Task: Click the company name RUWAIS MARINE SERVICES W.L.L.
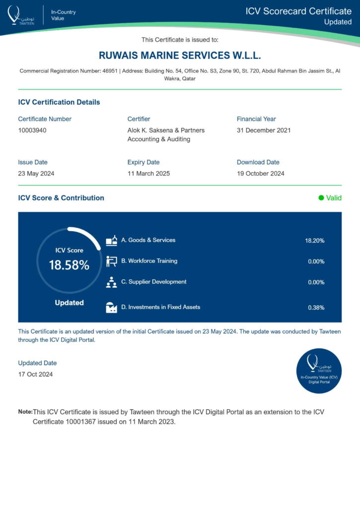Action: tap(180, 55)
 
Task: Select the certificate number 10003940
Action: tap(32, 130)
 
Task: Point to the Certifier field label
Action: tap(139, 119)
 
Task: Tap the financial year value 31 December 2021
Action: tap(264, 130)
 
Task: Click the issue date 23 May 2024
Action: tap(36, 174)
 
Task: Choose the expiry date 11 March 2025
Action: tap(148, 174)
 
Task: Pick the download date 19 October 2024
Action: tap(261, 174)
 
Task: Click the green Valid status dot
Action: tap(321, 198)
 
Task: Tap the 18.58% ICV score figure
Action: tap(69, 265)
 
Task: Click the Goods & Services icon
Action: tap(112, 241)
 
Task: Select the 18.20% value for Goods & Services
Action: tap(314, 241)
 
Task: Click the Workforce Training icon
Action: tap(112, 261)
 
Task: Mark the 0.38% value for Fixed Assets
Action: tap(316, 308)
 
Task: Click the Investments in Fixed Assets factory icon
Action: tap(112, 308)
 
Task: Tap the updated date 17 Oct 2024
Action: tap(35, 374)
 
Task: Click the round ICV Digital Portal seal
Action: tap(319, 371)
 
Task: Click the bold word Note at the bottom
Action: tap(25, 412)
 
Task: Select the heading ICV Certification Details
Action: tap(59, 102)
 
